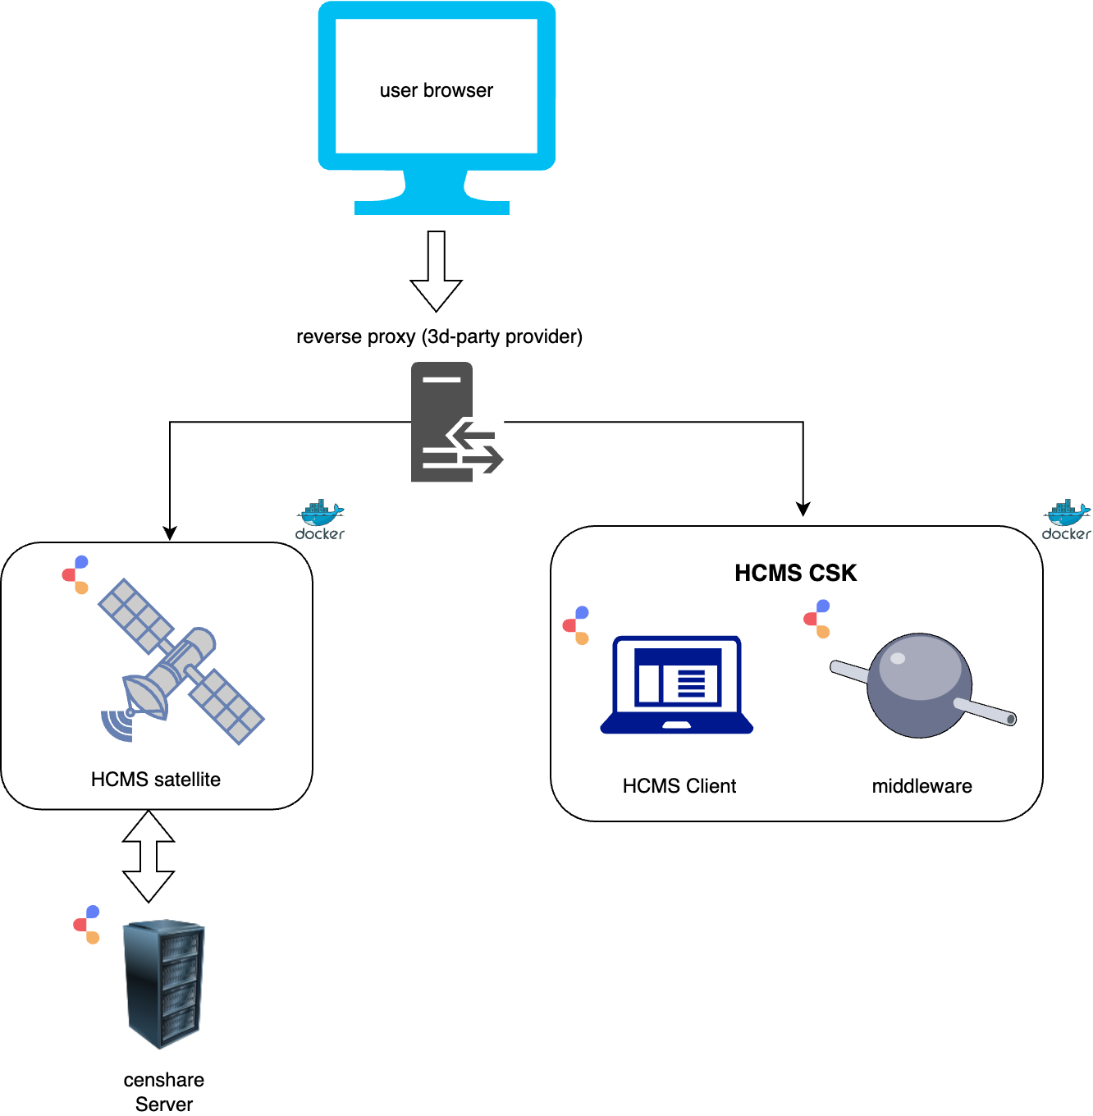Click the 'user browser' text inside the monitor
[436, 90]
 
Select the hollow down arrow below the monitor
[436, 272]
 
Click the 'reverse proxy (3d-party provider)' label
[439, 336]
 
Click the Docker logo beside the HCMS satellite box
[320, 519]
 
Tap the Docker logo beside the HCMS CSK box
[1067, 519]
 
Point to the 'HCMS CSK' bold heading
[795, 573]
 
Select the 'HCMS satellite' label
[156, 780]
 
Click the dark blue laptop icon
[677, 684]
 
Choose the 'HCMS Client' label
[679, 786]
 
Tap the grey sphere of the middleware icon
[920, 684]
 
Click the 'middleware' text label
[922, 786]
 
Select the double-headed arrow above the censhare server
[149, 856]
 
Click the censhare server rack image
[164, 984]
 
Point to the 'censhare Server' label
[164, 1091]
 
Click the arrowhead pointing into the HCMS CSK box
[803, 509]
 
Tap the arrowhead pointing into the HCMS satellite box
[170, 533]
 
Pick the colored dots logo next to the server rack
[86, 925]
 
